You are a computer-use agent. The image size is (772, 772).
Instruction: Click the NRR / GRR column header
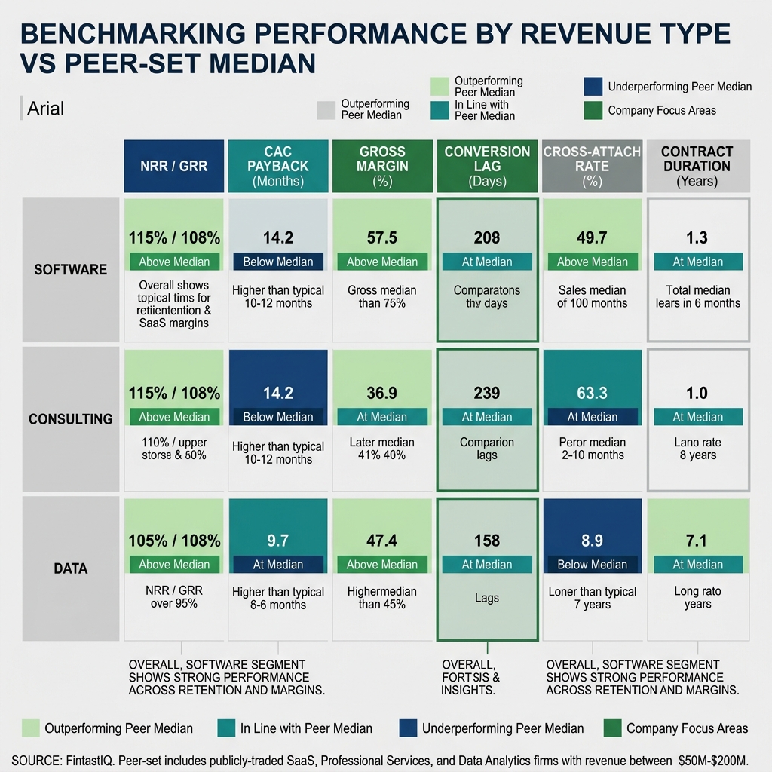174,166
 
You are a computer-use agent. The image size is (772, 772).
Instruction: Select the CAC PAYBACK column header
277,166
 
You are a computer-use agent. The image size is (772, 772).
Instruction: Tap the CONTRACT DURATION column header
697,166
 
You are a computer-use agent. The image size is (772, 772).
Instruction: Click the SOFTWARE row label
71,269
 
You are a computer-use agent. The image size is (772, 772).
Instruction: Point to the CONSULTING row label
71,418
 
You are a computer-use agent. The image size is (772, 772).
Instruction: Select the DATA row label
71,568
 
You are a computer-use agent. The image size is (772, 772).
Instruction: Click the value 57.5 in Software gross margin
381,238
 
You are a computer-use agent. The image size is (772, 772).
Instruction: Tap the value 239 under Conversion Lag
486,393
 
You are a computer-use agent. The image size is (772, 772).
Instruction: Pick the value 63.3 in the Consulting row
592,393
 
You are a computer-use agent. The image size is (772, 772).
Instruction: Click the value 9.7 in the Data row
277,541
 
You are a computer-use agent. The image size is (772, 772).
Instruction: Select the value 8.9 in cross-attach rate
592,541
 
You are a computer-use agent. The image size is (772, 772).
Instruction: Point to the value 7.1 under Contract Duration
697,541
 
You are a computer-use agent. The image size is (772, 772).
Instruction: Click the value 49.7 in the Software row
592,238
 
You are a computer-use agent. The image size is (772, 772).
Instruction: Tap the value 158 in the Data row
486,541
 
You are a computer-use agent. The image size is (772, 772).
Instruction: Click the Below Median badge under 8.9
592,564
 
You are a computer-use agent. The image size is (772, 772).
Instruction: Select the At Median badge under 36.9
381,416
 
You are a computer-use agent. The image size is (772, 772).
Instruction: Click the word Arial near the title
46,109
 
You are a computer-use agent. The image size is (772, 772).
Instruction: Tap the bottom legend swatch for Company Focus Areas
613,728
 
